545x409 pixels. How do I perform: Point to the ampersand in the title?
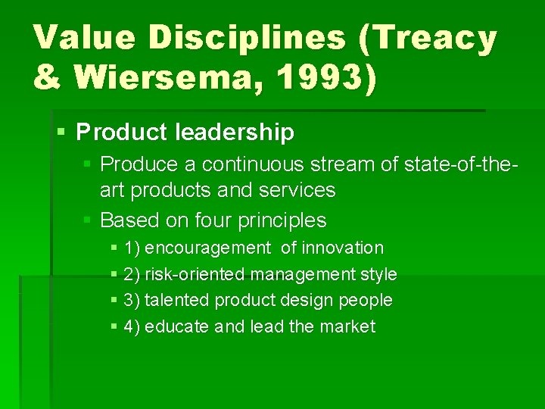click(47, 79)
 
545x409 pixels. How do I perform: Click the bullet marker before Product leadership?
click(62, 133)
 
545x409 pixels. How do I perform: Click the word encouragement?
click(207, 248)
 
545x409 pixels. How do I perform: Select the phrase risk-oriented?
click(195, 274)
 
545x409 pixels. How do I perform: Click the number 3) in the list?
click(132, 300)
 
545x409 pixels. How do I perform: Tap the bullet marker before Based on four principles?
click(88, 220)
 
